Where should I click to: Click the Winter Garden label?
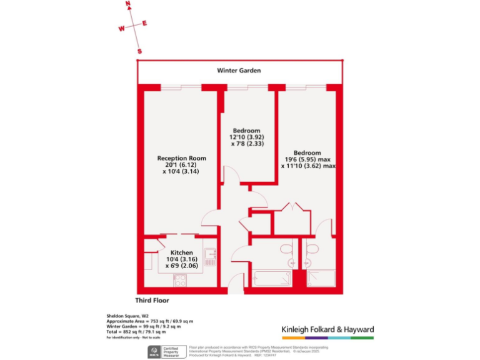point(239,71)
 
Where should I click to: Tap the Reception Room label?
point(181,158)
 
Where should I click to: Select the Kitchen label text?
point(179,253)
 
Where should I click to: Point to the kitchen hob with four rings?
point(180,279)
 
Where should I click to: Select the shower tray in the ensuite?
point(321,278)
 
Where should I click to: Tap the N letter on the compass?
point(128,4)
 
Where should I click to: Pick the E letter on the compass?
point(144,24)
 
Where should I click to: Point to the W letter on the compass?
point(122,28)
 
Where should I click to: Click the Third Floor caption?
point(152,301)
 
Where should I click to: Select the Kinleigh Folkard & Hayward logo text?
point(327,329)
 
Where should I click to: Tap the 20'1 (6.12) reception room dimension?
point(181,165)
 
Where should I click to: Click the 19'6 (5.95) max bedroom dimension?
point(307,160)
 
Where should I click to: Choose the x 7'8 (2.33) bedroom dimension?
point(247,144)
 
